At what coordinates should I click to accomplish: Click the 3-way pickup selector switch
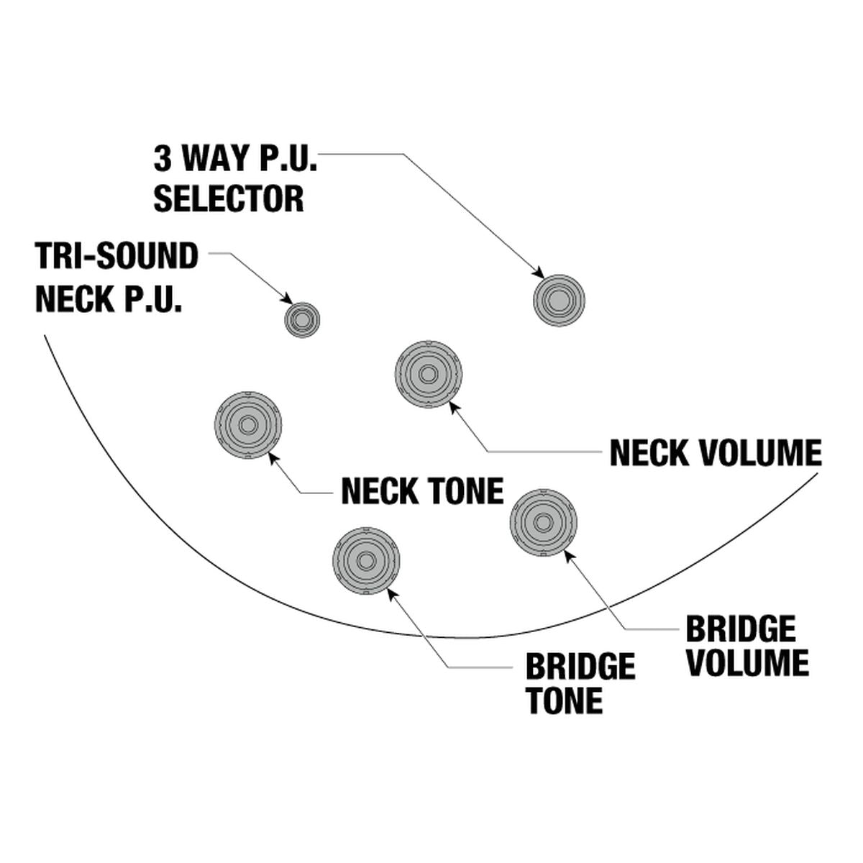559,301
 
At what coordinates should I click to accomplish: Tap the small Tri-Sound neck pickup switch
302,319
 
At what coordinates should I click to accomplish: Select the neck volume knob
429,374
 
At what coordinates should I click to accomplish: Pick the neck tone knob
248,425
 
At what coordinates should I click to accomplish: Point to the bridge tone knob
366,561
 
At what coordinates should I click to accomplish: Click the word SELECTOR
229,198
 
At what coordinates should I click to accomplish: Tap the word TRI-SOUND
117,256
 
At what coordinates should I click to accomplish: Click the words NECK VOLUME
715,453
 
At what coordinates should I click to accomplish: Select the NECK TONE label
422,491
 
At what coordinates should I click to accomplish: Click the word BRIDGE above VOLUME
741,629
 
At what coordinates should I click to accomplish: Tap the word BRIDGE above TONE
580,667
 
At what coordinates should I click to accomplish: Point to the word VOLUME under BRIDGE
747,663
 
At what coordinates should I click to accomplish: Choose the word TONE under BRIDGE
564,701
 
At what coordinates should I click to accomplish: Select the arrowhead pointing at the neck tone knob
274,457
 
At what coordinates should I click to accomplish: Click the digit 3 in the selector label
163,159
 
